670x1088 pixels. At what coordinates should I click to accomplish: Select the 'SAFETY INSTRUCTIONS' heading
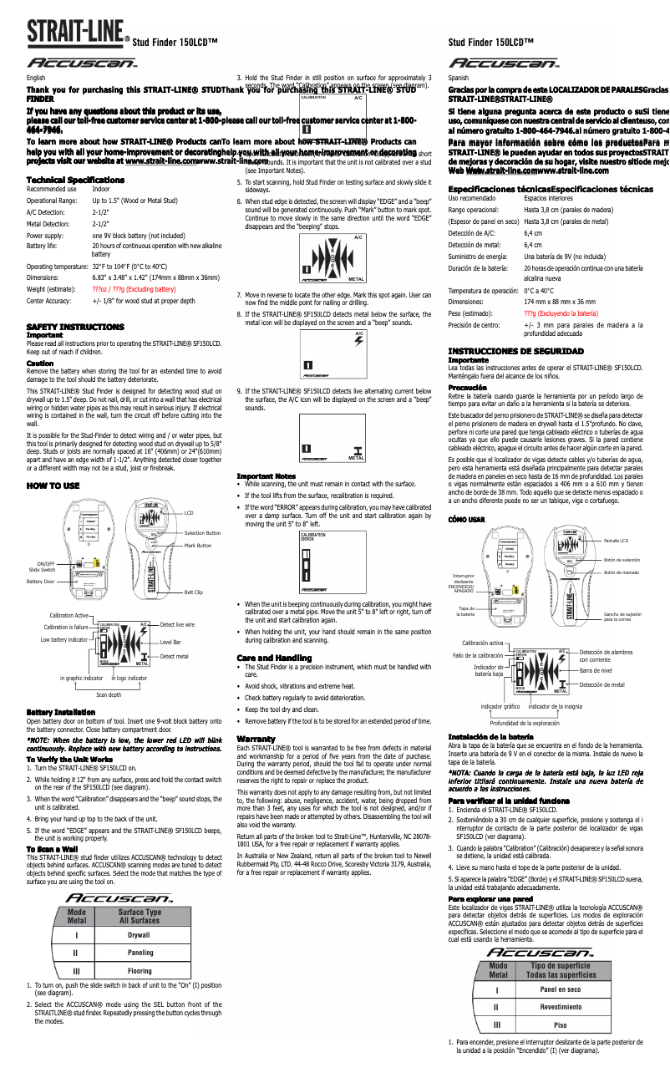tap(75, 327)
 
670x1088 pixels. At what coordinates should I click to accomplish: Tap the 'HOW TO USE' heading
tap(53, 486)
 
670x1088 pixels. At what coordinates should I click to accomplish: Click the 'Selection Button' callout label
tap(202, 533)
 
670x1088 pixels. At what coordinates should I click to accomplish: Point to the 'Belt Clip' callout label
tap(193, 592)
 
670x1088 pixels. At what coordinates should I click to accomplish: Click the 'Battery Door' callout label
tap(40, 581)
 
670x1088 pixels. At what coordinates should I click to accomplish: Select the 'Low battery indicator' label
tap(63, 639)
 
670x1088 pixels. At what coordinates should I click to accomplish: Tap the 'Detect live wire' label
tap(177, 625)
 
